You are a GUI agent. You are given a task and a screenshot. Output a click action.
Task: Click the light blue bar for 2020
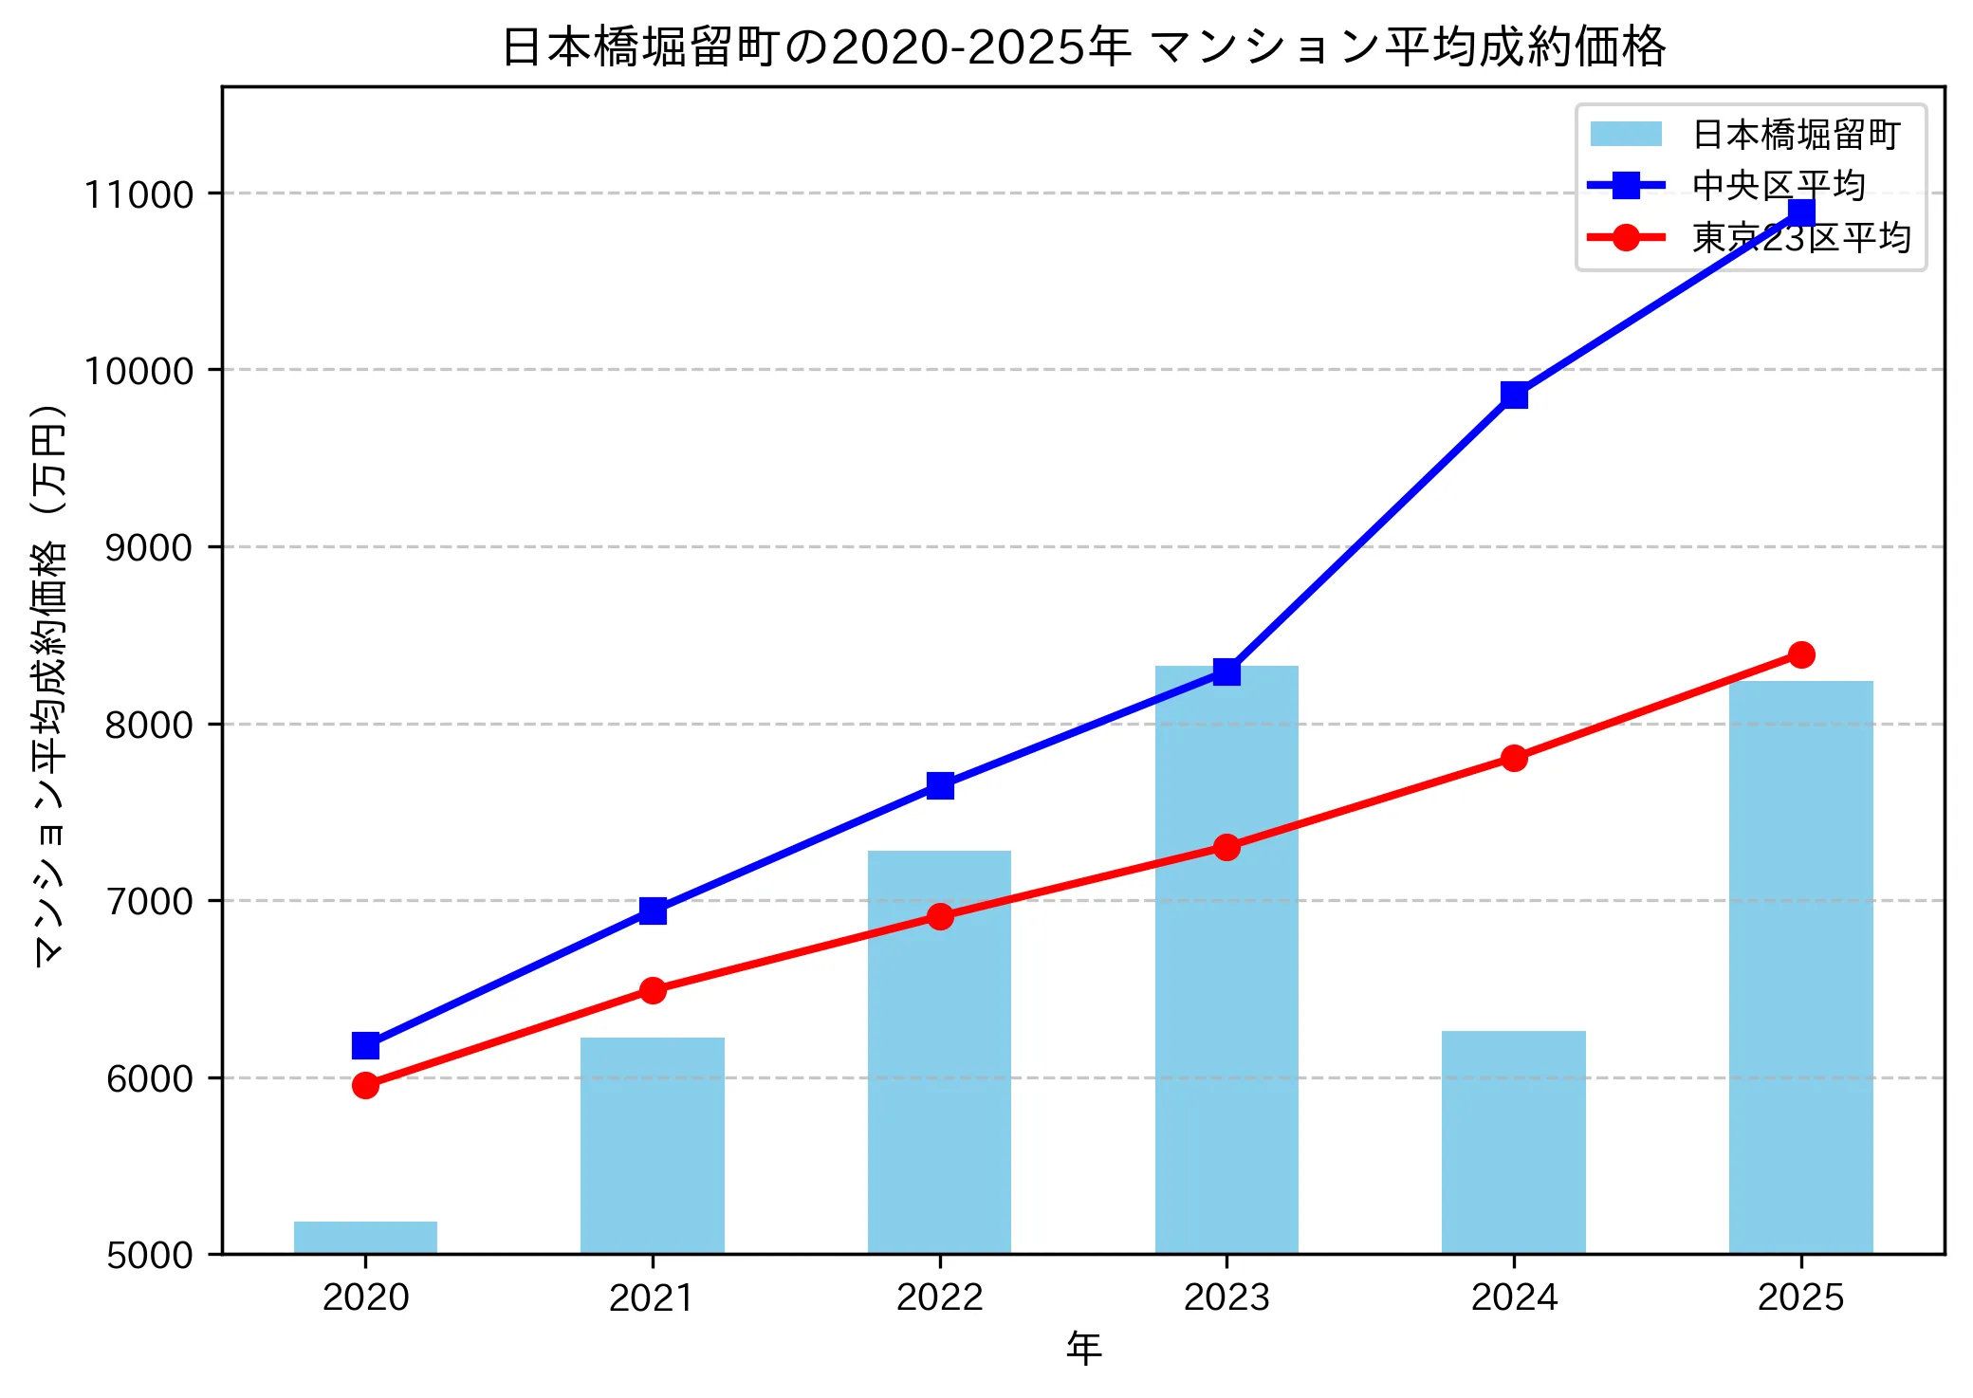pos(365,1238)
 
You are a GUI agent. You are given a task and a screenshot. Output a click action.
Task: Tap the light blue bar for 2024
pos(1514,1142)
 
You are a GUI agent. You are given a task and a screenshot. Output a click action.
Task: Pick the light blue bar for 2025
pos(1800,967)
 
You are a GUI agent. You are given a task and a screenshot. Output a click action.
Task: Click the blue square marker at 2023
pos(1226,671)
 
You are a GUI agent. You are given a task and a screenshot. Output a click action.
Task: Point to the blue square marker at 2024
pos(1514,395)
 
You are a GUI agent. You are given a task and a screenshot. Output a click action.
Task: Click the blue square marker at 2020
pos(365,1045)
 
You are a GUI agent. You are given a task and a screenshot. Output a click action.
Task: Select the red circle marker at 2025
pos(1801,654)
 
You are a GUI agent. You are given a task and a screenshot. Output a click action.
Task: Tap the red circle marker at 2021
pos(653,990)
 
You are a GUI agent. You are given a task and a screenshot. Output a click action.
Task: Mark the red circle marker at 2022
pos(940,916)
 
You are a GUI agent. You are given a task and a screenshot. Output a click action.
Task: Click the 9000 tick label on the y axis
pos(148,547)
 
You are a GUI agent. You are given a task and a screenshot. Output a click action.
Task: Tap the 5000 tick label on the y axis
pos(148,1255)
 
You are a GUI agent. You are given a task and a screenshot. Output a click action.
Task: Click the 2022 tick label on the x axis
pos(939,1297)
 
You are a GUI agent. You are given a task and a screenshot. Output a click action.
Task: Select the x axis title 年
pos(1083,1348)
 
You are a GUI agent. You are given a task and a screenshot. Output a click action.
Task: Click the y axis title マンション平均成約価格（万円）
pos(49,686)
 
